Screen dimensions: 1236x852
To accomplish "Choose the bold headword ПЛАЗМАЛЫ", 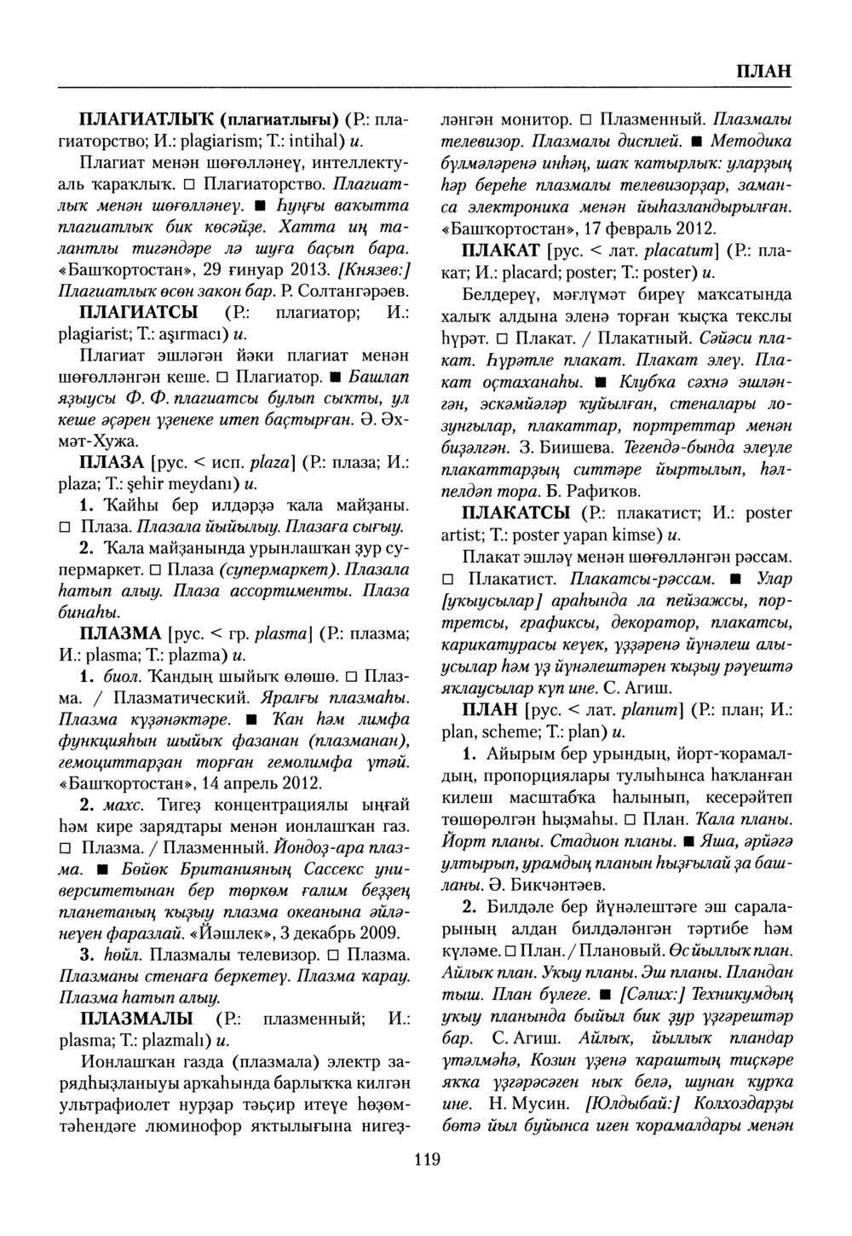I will click(x=135, y=1019).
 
